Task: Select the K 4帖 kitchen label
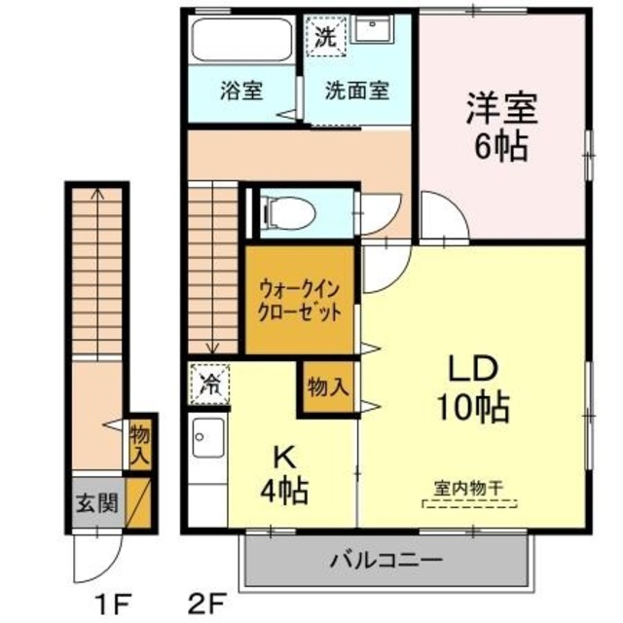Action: [283, 472]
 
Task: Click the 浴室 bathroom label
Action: [241, 92]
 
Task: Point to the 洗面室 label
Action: [356, 92]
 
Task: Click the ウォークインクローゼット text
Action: [299, 301]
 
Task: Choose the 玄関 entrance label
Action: [97, 503]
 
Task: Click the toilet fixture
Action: [289, 210]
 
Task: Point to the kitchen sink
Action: [207, 440]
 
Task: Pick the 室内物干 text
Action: [468, 489]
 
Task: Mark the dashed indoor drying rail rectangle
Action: [469, 504]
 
